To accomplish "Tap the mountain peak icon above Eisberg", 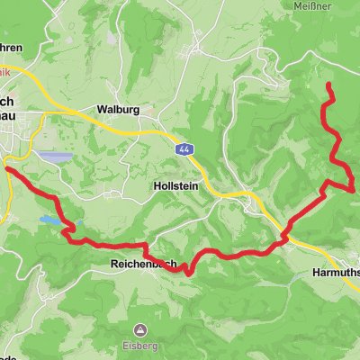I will pos(140,330).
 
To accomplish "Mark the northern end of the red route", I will pos(328,85).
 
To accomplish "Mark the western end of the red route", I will pos(7,167).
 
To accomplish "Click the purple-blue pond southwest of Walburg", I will pos(56,157).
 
